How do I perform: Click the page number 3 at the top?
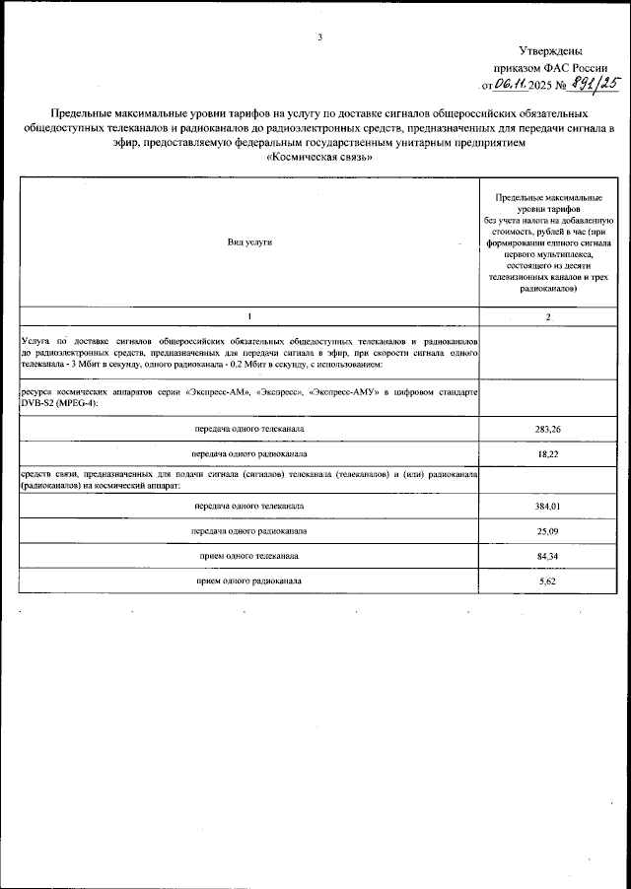(x=320, y=38)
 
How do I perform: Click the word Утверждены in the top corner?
(x=549, y=51)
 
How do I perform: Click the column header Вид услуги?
(x=249, y=241)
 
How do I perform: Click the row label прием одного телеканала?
(x=249, y=557)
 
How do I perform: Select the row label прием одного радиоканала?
(x=249, y=581)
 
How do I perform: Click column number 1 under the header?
(x=249, y=315)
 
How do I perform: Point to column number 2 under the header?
(x=547, y=316)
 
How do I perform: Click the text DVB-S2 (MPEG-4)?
(x=53, y=404)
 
